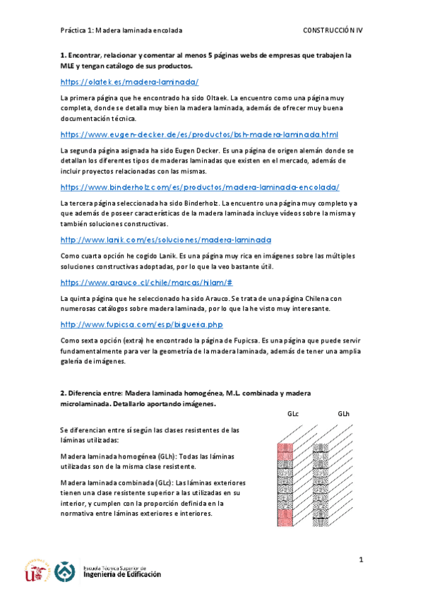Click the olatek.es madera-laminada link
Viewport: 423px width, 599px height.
[x=129, y=83]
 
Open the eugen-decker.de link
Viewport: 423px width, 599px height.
[x=200, y=134]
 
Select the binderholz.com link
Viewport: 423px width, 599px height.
[x=200, y=187]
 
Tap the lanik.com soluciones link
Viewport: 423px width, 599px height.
[x=166, y=239]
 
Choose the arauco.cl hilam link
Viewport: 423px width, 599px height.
[x=147, y=283]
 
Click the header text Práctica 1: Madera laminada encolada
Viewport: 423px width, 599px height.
[x=121, y=31]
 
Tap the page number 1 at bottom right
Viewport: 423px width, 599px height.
[x=360, y=561]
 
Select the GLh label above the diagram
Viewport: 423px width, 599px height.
[x=344, y=414]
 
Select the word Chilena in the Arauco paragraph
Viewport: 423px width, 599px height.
[x=311, y=298]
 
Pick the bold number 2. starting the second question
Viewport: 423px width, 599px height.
[x=63, y=392]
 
